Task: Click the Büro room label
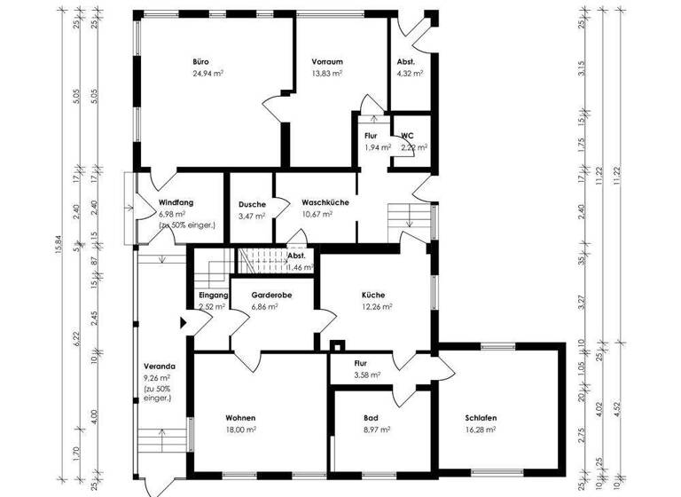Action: coord(201,61)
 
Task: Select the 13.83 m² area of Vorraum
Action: coord(326,75)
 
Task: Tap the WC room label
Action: coord(407,135)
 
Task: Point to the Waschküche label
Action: coord(324,201)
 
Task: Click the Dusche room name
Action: coord(252,204)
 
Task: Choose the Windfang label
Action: coord(176,201)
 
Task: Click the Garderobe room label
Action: coord(271,294)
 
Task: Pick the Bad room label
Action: coord(371,417)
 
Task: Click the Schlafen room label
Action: coord(480,417)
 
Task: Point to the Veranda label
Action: coord(159,366)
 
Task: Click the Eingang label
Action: coord(214,294)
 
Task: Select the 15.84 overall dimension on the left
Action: coord(59,261)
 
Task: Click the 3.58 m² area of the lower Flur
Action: coord(366,375)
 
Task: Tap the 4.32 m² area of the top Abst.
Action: coord(406,75)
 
